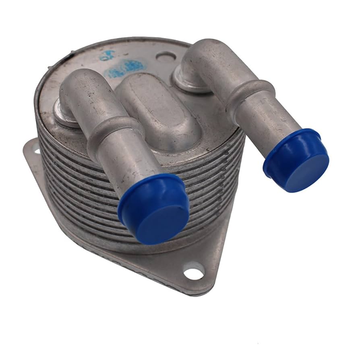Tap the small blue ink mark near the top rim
[x=105, y=56]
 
